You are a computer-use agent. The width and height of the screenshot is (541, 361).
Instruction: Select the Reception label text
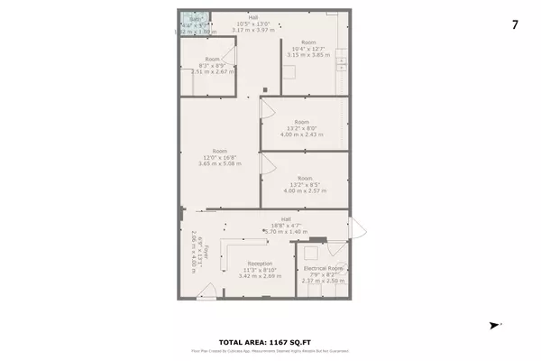(x=236, y=263)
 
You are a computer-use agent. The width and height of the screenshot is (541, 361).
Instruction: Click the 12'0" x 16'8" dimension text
(x=219, y=158)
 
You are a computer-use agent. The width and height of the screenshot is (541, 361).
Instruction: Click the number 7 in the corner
(x=515, y=24)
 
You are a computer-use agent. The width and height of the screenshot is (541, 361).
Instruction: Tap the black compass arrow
(x=493, y=325)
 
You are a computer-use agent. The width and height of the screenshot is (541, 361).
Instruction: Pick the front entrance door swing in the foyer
(x=207, y=292)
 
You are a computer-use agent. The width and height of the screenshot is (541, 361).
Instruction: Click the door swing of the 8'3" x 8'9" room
(x=231, y=56)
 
